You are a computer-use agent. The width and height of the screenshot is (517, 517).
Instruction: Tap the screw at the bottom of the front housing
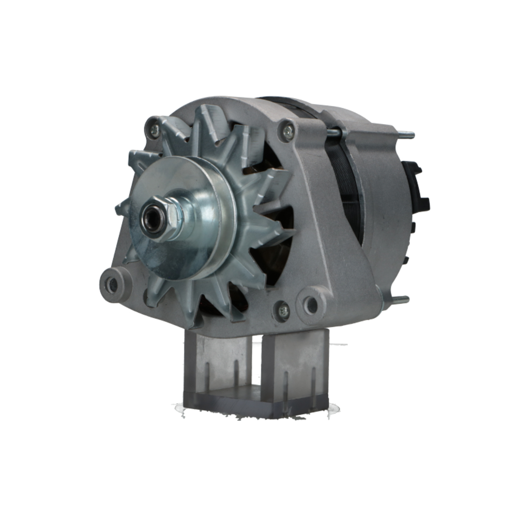coord(282,311)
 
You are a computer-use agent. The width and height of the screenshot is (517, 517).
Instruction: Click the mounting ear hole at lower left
coord(111,284)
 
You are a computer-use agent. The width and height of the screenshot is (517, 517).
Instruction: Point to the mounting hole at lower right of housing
coord(311,305)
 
